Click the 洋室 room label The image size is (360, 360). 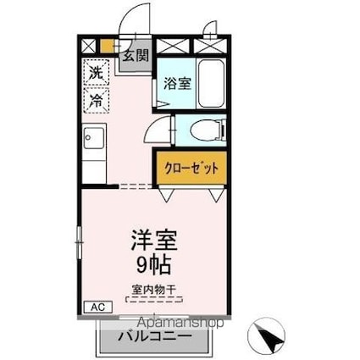(153, 239)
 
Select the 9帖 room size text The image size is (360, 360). (153, 264)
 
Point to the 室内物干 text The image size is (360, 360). (153, 288)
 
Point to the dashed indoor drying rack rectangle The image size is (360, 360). (153, 299)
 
